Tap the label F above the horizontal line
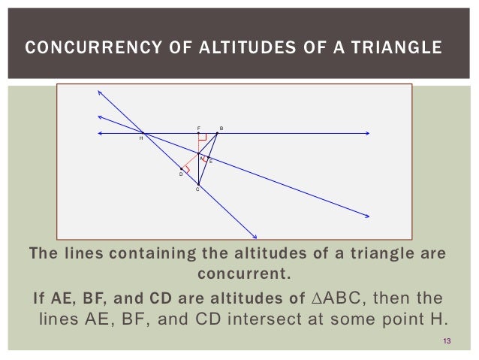tap(199, 128)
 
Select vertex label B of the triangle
tap(221, 128)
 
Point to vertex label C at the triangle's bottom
tap(197, 189)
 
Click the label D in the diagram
tap(180, 174)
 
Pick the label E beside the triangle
tap(211, 161)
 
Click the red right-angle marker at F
tap(202, 138)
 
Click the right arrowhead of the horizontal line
tap(368, 134)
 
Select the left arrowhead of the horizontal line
tap(101, 134)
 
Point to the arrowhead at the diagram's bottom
tap(255, 236)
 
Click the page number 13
tap(447, 343)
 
